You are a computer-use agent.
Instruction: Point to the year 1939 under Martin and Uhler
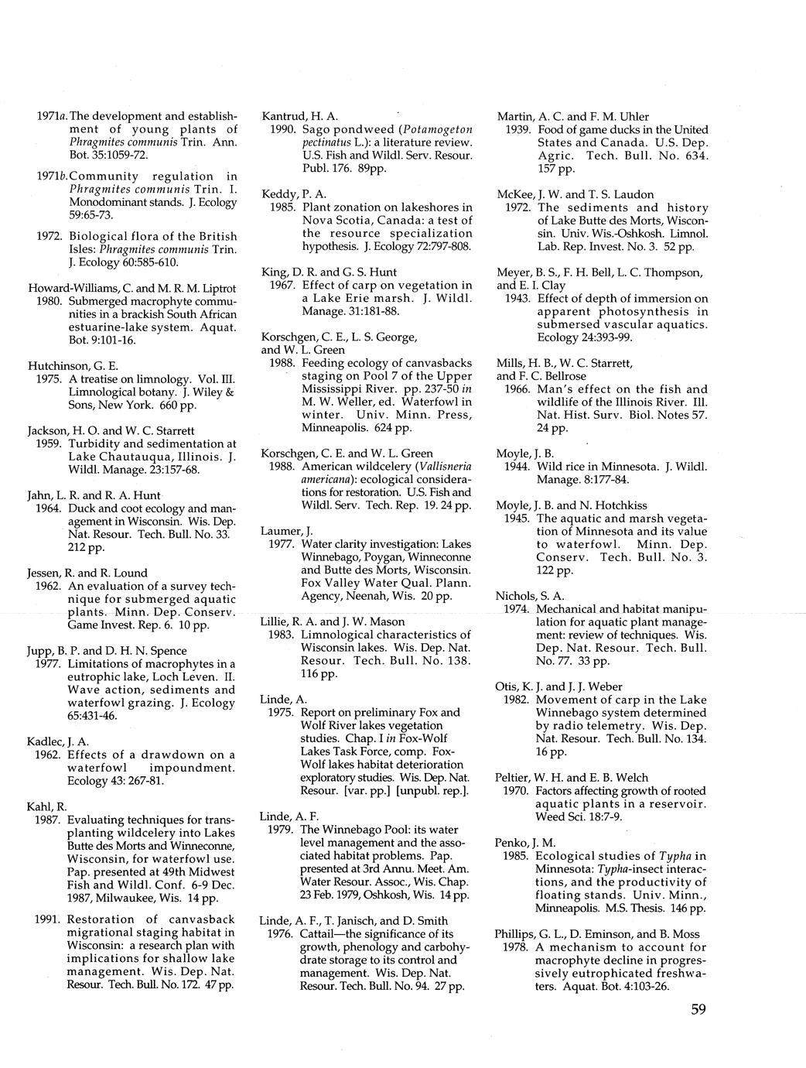coord(517,129)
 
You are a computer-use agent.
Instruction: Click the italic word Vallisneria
coord(444,467)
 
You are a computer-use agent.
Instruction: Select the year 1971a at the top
coord(53,117)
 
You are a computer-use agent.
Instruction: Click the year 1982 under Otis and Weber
coord(517,700)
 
